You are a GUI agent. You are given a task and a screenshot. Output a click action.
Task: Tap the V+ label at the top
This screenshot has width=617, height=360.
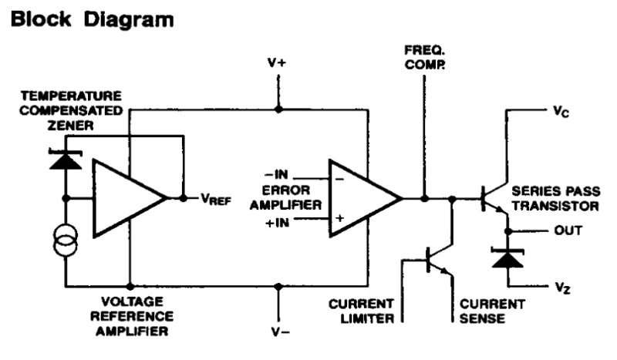click(278, 63)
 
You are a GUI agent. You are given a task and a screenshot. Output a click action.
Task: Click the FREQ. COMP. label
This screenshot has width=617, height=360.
click(424, 58)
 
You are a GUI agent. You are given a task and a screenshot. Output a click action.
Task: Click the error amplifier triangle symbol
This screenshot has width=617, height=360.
click(361, 197)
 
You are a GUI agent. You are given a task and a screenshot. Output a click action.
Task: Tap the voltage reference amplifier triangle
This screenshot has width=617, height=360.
click(125, 198)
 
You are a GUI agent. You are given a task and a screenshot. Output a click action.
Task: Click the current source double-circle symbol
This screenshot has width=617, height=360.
click(66, 243)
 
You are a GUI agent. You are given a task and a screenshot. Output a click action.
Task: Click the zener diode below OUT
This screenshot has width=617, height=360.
click(507, 257)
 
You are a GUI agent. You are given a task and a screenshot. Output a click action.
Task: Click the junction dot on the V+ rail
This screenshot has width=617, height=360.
click(278, 109)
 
